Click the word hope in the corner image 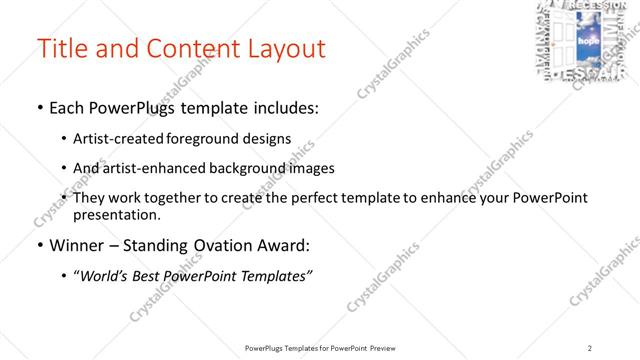[x=588, y=45]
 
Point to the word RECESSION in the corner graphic [x=600, y=6]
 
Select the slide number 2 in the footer [x=589, y=347]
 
